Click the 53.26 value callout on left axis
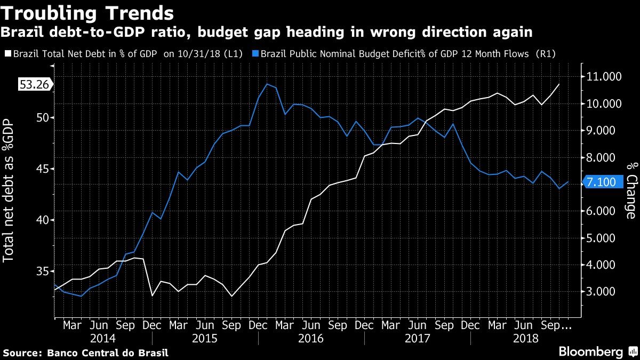point(35,85)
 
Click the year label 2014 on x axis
point(103,338)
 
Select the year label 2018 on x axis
point(524,338)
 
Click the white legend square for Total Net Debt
point(7,54)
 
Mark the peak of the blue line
point(267,84)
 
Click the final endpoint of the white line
point(559,84)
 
